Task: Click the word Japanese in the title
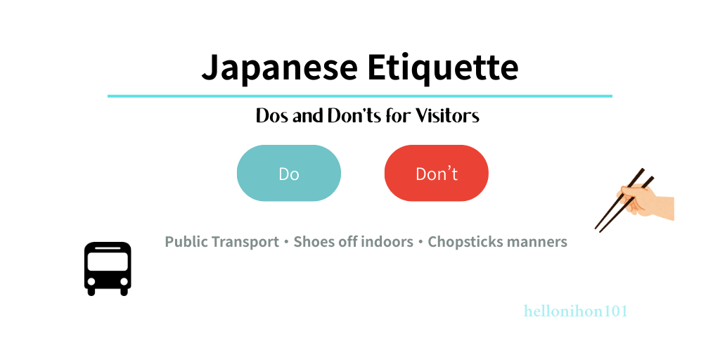(278, 68)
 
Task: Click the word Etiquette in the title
(442, 68)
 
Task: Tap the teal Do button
(289, 174)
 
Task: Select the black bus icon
(108, 269)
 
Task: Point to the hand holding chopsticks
(647, 200)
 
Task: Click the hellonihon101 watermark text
(575, 311)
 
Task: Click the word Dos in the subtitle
(272, 116)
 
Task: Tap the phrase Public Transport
(221, 242)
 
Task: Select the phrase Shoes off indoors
(353, 242)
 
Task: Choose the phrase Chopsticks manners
(497, 242)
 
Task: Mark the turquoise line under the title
(359, 96)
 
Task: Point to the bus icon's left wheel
(93, 290)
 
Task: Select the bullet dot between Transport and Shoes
(286, 243)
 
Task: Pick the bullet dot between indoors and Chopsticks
(420, 243)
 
